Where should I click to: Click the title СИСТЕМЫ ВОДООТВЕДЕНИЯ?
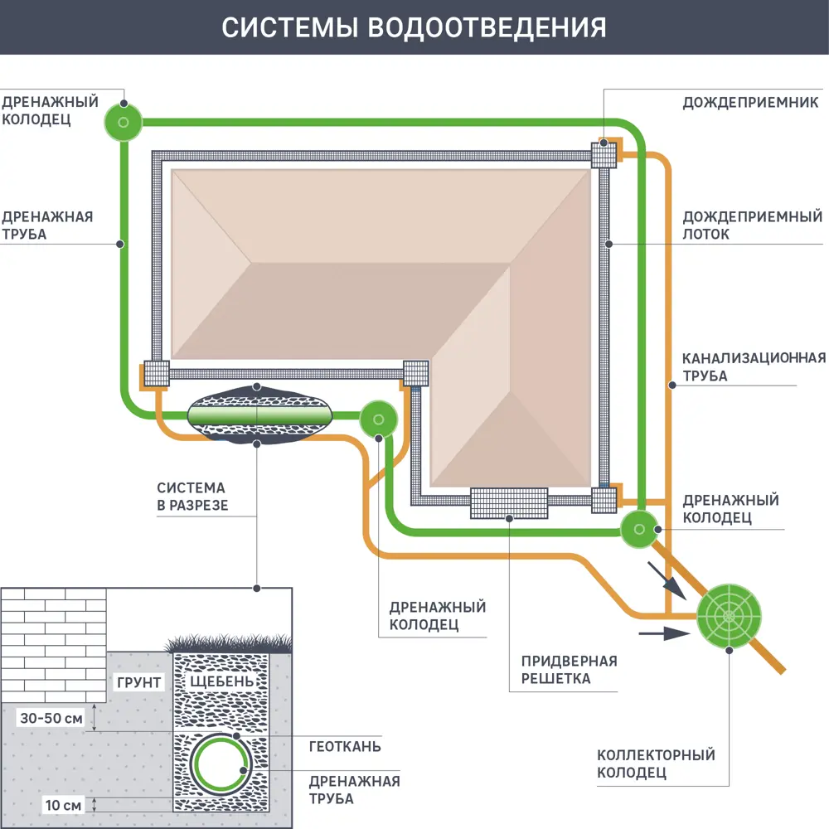[x=414, y=27]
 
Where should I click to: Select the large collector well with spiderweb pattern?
[x=728, y=616]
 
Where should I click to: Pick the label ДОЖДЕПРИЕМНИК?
[x=751, y=104]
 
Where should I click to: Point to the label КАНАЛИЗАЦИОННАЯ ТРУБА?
[x=753, y=366]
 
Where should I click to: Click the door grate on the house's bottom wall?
[x=509, y=503]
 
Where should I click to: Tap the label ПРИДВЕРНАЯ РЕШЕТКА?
[x=569, y=670]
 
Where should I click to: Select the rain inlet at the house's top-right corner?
[x=604, y=155]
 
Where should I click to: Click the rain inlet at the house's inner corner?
[x=415, y=374]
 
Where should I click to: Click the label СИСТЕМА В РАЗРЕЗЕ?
[x=191, y=496]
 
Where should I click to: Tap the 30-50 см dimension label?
[x=51, y=719]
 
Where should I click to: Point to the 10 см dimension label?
[x=63, y=804]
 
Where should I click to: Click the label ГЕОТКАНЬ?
[x=345, y=746]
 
